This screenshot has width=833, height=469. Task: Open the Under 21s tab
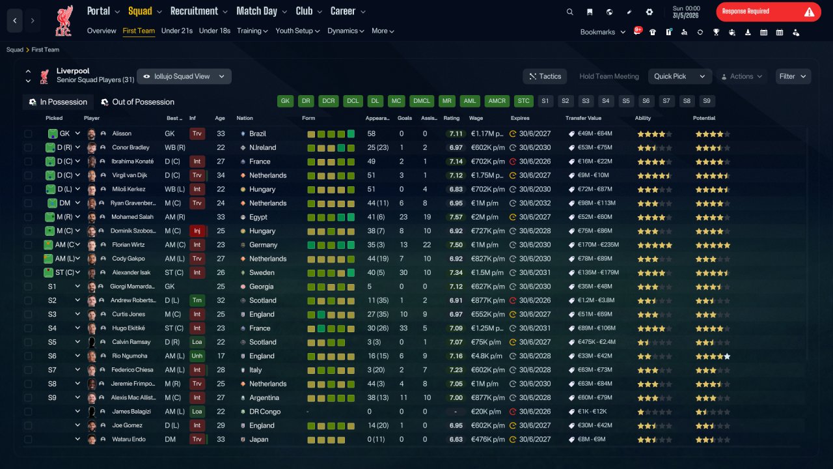click(x=176, y=31)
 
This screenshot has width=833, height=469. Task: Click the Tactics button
click(x=545, y=76)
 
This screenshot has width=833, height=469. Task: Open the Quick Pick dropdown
click(x=679, y=76)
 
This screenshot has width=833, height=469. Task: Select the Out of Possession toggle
click(x=138, y=102)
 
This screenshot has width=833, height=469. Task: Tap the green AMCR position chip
click(x=497, y=101)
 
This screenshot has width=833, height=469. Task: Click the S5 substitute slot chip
click(x=626, y=101)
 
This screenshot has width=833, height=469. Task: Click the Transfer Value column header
click(x=583, y=118)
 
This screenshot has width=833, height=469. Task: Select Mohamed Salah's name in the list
click(x=132, y=217)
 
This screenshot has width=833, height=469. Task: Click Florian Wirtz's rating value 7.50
click(x=456, y=245)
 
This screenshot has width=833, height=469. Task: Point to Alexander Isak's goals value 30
click(x=403, y=273)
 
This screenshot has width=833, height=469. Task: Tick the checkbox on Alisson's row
click(x=28, y=134)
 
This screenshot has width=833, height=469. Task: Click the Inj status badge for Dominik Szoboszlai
click(x=197, y=231)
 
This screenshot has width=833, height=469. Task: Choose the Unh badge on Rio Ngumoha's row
click(x=197, y=356)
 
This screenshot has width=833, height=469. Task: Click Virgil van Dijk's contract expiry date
click(x=535, y=175)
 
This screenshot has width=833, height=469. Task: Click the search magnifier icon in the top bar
click(x=569, y=12)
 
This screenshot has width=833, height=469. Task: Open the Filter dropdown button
click(x=793, y=76)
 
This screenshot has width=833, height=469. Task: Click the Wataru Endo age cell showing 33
click(x=221, y=440)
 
